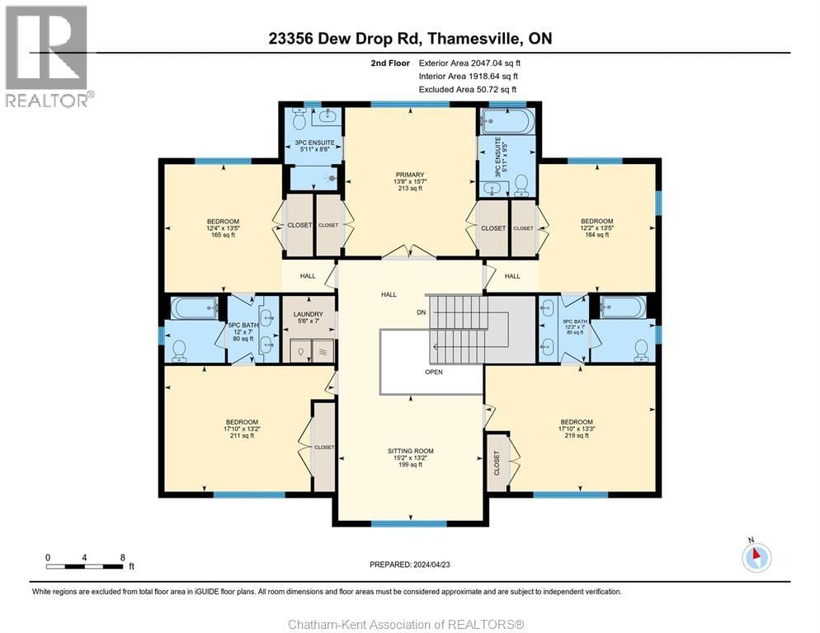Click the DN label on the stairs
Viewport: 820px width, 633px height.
[x=420, y=312]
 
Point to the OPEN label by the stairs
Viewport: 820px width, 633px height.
[x=434, y=372]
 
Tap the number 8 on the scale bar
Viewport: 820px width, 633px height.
[x=122, y=557]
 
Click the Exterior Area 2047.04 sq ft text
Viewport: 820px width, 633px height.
[x=469, y=63]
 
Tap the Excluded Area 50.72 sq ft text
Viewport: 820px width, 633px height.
[x=467, y=89]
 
